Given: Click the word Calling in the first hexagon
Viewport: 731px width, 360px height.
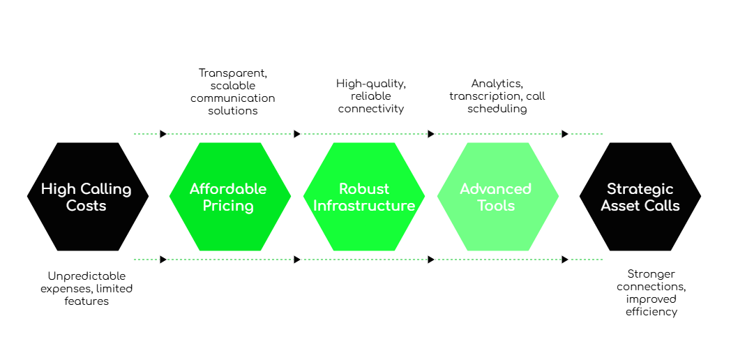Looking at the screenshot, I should pyautogui.click(x=106, y=189).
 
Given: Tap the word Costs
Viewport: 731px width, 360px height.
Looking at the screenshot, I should pyautogui.click(x=86, y=206).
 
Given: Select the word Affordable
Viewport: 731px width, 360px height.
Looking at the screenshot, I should pyautogui.click(x=228, y=189).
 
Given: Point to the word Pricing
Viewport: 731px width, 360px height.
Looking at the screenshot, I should pyautogui.click(x=228, y=206).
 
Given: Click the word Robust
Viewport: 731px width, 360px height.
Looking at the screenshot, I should pyautogui.click(x=364, y=189).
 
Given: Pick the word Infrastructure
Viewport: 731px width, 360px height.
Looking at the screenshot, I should pyautogui.click(x=364, y=206).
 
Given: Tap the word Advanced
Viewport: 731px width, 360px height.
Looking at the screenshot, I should pyautogui.click(x=496, y=189).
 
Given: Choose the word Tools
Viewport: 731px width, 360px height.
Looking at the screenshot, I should pyautogui.click(x=496, y=206).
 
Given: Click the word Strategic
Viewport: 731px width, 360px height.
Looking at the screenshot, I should pyautogui.click(x=640, y=189).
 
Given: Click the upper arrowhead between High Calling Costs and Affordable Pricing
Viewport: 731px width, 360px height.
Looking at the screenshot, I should pyautogui.click(x=163, y=134).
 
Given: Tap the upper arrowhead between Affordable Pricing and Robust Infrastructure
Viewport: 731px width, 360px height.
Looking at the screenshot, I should pyautogui.click(x=297, y=134).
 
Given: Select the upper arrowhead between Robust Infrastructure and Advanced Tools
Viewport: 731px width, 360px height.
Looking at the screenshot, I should pyautogui.click(x=431, y=134).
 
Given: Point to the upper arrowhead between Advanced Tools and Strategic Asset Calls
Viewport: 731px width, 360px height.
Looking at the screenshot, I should pyautogui.click(x=565, y=134).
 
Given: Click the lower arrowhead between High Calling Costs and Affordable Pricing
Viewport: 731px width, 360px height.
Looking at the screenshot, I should pyautogui.click(x=163, y=260).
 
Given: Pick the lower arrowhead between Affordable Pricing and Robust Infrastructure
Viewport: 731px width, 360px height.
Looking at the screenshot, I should pyautogui.click(x=297, y=260).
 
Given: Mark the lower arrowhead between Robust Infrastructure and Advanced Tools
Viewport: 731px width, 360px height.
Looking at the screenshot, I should pyautogui.click(x=431, y=260).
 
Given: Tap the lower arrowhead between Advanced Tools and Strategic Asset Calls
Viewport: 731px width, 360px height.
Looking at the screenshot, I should pyautogui.click(x=565, y=260).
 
